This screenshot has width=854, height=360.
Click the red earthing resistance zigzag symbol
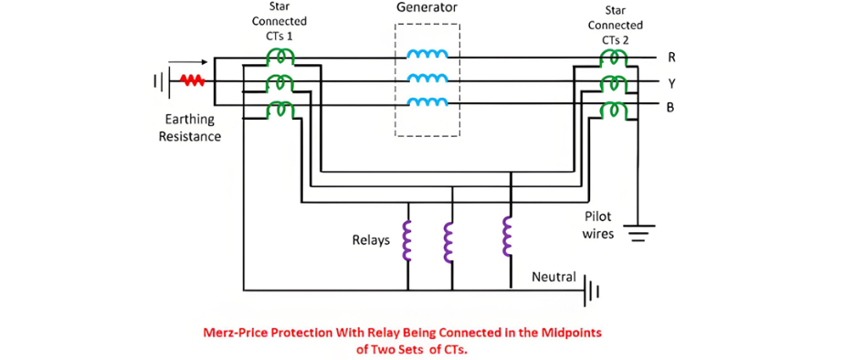192,80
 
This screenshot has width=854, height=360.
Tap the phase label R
670,57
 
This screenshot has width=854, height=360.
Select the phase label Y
671,83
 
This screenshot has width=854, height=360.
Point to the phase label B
670,107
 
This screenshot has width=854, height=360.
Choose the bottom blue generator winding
427,101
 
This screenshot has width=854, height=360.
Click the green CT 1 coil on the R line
279,56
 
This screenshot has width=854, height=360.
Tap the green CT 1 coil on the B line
279,109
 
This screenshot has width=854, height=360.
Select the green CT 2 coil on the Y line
616,83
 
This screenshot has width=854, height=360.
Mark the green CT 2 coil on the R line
616,57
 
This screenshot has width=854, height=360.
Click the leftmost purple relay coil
406,240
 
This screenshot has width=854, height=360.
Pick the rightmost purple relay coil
508,236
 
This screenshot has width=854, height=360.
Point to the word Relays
372,240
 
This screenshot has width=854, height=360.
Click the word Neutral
554,277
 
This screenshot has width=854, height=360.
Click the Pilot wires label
598,225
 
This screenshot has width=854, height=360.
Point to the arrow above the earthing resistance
188,61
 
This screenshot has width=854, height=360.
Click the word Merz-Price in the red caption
234,332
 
